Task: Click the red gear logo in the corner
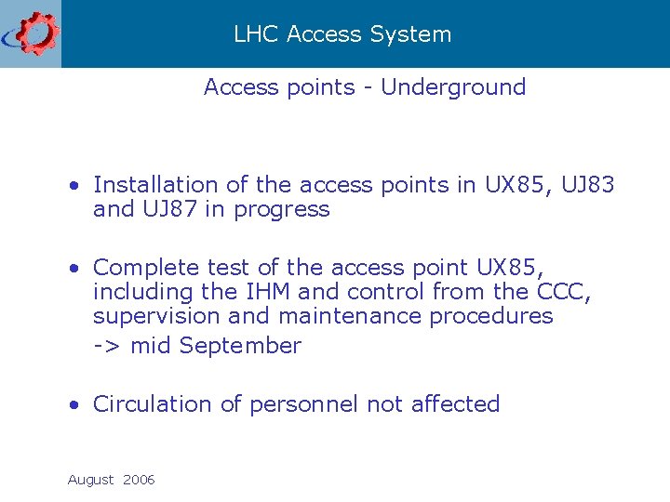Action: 35,33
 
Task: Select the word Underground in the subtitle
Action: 453,87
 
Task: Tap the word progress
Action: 282,210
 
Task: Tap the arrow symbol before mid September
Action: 107,347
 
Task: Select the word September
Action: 240,347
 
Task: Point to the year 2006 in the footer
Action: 139,481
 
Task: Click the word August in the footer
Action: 90,481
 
